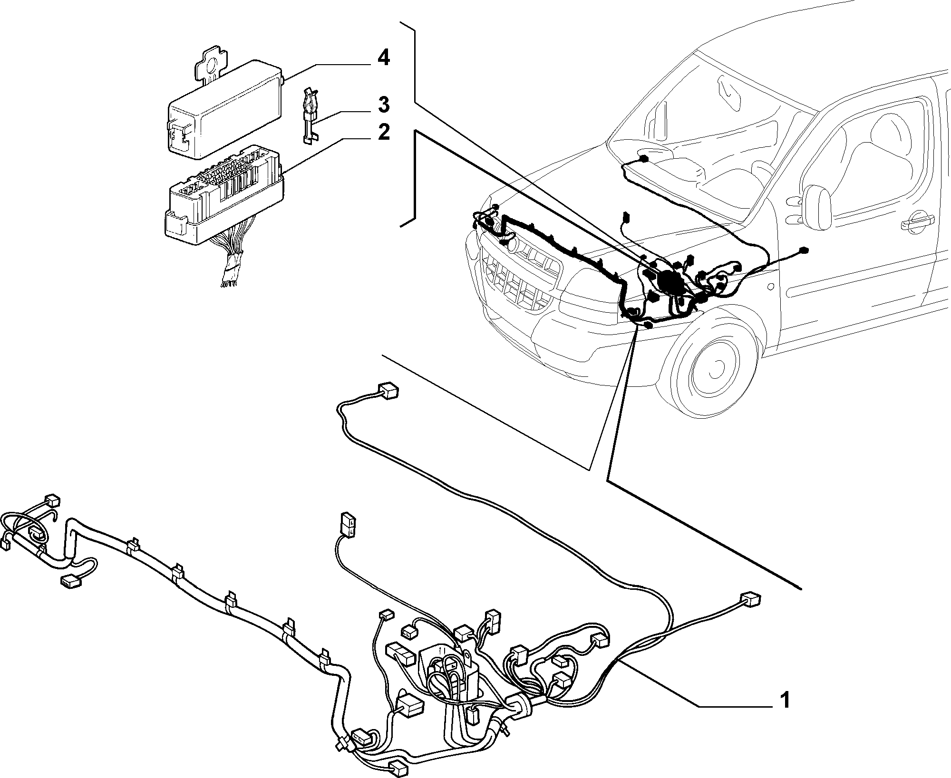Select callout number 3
[383, 105]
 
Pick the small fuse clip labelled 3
[310, 114]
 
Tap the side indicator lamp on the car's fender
[770, 287]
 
